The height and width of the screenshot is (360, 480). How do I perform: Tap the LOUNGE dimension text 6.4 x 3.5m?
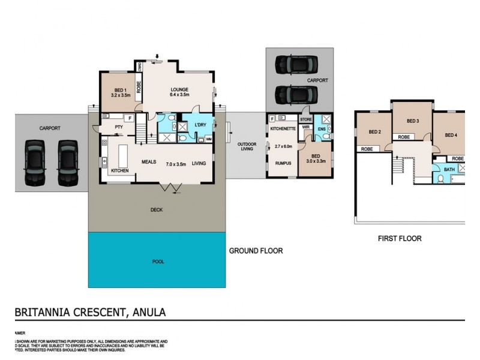[179, 95]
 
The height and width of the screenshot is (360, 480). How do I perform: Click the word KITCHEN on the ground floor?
[120, 171]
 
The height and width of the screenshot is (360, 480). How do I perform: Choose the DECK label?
[157, 210]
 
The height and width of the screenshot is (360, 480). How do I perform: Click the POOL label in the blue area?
[157, 262]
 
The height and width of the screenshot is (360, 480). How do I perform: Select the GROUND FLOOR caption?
[256, 251]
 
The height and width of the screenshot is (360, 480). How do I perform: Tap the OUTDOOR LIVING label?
[247, 146]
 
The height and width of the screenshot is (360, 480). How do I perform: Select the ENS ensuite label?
[321, 128]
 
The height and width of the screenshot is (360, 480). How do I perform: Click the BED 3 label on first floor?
[412, 121]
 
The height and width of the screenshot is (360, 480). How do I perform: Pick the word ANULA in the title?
[147, 312]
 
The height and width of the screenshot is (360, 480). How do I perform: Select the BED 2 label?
[375, 132]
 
